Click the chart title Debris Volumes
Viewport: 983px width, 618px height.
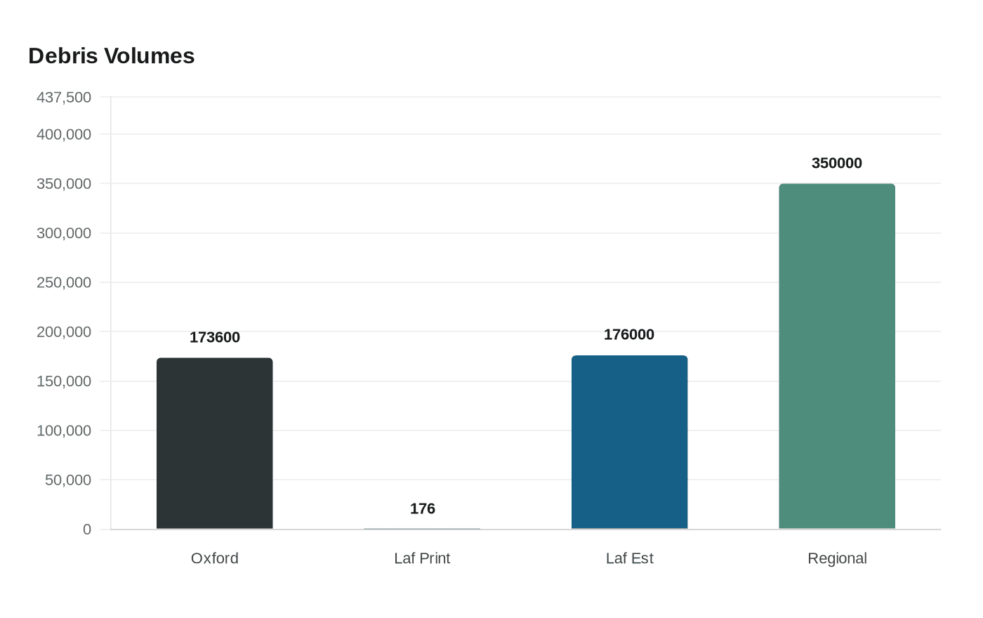(x=111, y=56)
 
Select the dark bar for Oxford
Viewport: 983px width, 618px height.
(x=214, y=443)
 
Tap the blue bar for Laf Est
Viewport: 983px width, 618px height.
(x=629, y=442)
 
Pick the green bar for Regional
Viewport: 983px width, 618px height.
(x=836, y=356)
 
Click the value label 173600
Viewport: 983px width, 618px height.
(x=215, y=337)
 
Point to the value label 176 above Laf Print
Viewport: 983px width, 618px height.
(x=423, y=508)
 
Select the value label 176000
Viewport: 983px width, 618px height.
(x=629, y=334)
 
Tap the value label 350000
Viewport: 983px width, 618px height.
(x=836, y=163)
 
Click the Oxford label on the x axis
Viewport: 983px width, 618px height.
(x=215, y=558)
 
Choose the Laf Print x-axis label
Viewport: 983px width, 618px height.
(x=422, y=558)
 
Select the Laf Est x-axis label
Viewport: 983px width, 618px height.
(x=629, y=558)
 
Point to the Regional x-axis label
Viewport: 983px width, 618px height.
(x=837, y=558)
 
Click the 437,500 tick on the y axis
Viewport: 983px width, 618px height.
(x=64, y=97)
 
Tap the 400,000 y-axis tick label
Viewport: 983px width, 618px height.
(x=64, y=134)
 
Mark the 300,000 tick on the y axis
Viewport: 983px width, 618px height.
(x=64, y=233)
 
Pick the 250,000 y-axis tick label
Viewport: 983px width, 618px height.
(x=64, y=282)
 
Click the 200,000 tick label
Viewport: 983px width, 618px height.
(x=64, y=331)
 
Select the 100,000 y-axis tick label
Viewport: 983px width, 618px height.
(x=64, y=430)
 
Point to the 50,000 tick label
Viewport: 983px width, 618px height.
(x=68, y=480)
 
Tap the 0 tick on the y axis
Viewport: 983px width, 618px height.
(x=87, y=530)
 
